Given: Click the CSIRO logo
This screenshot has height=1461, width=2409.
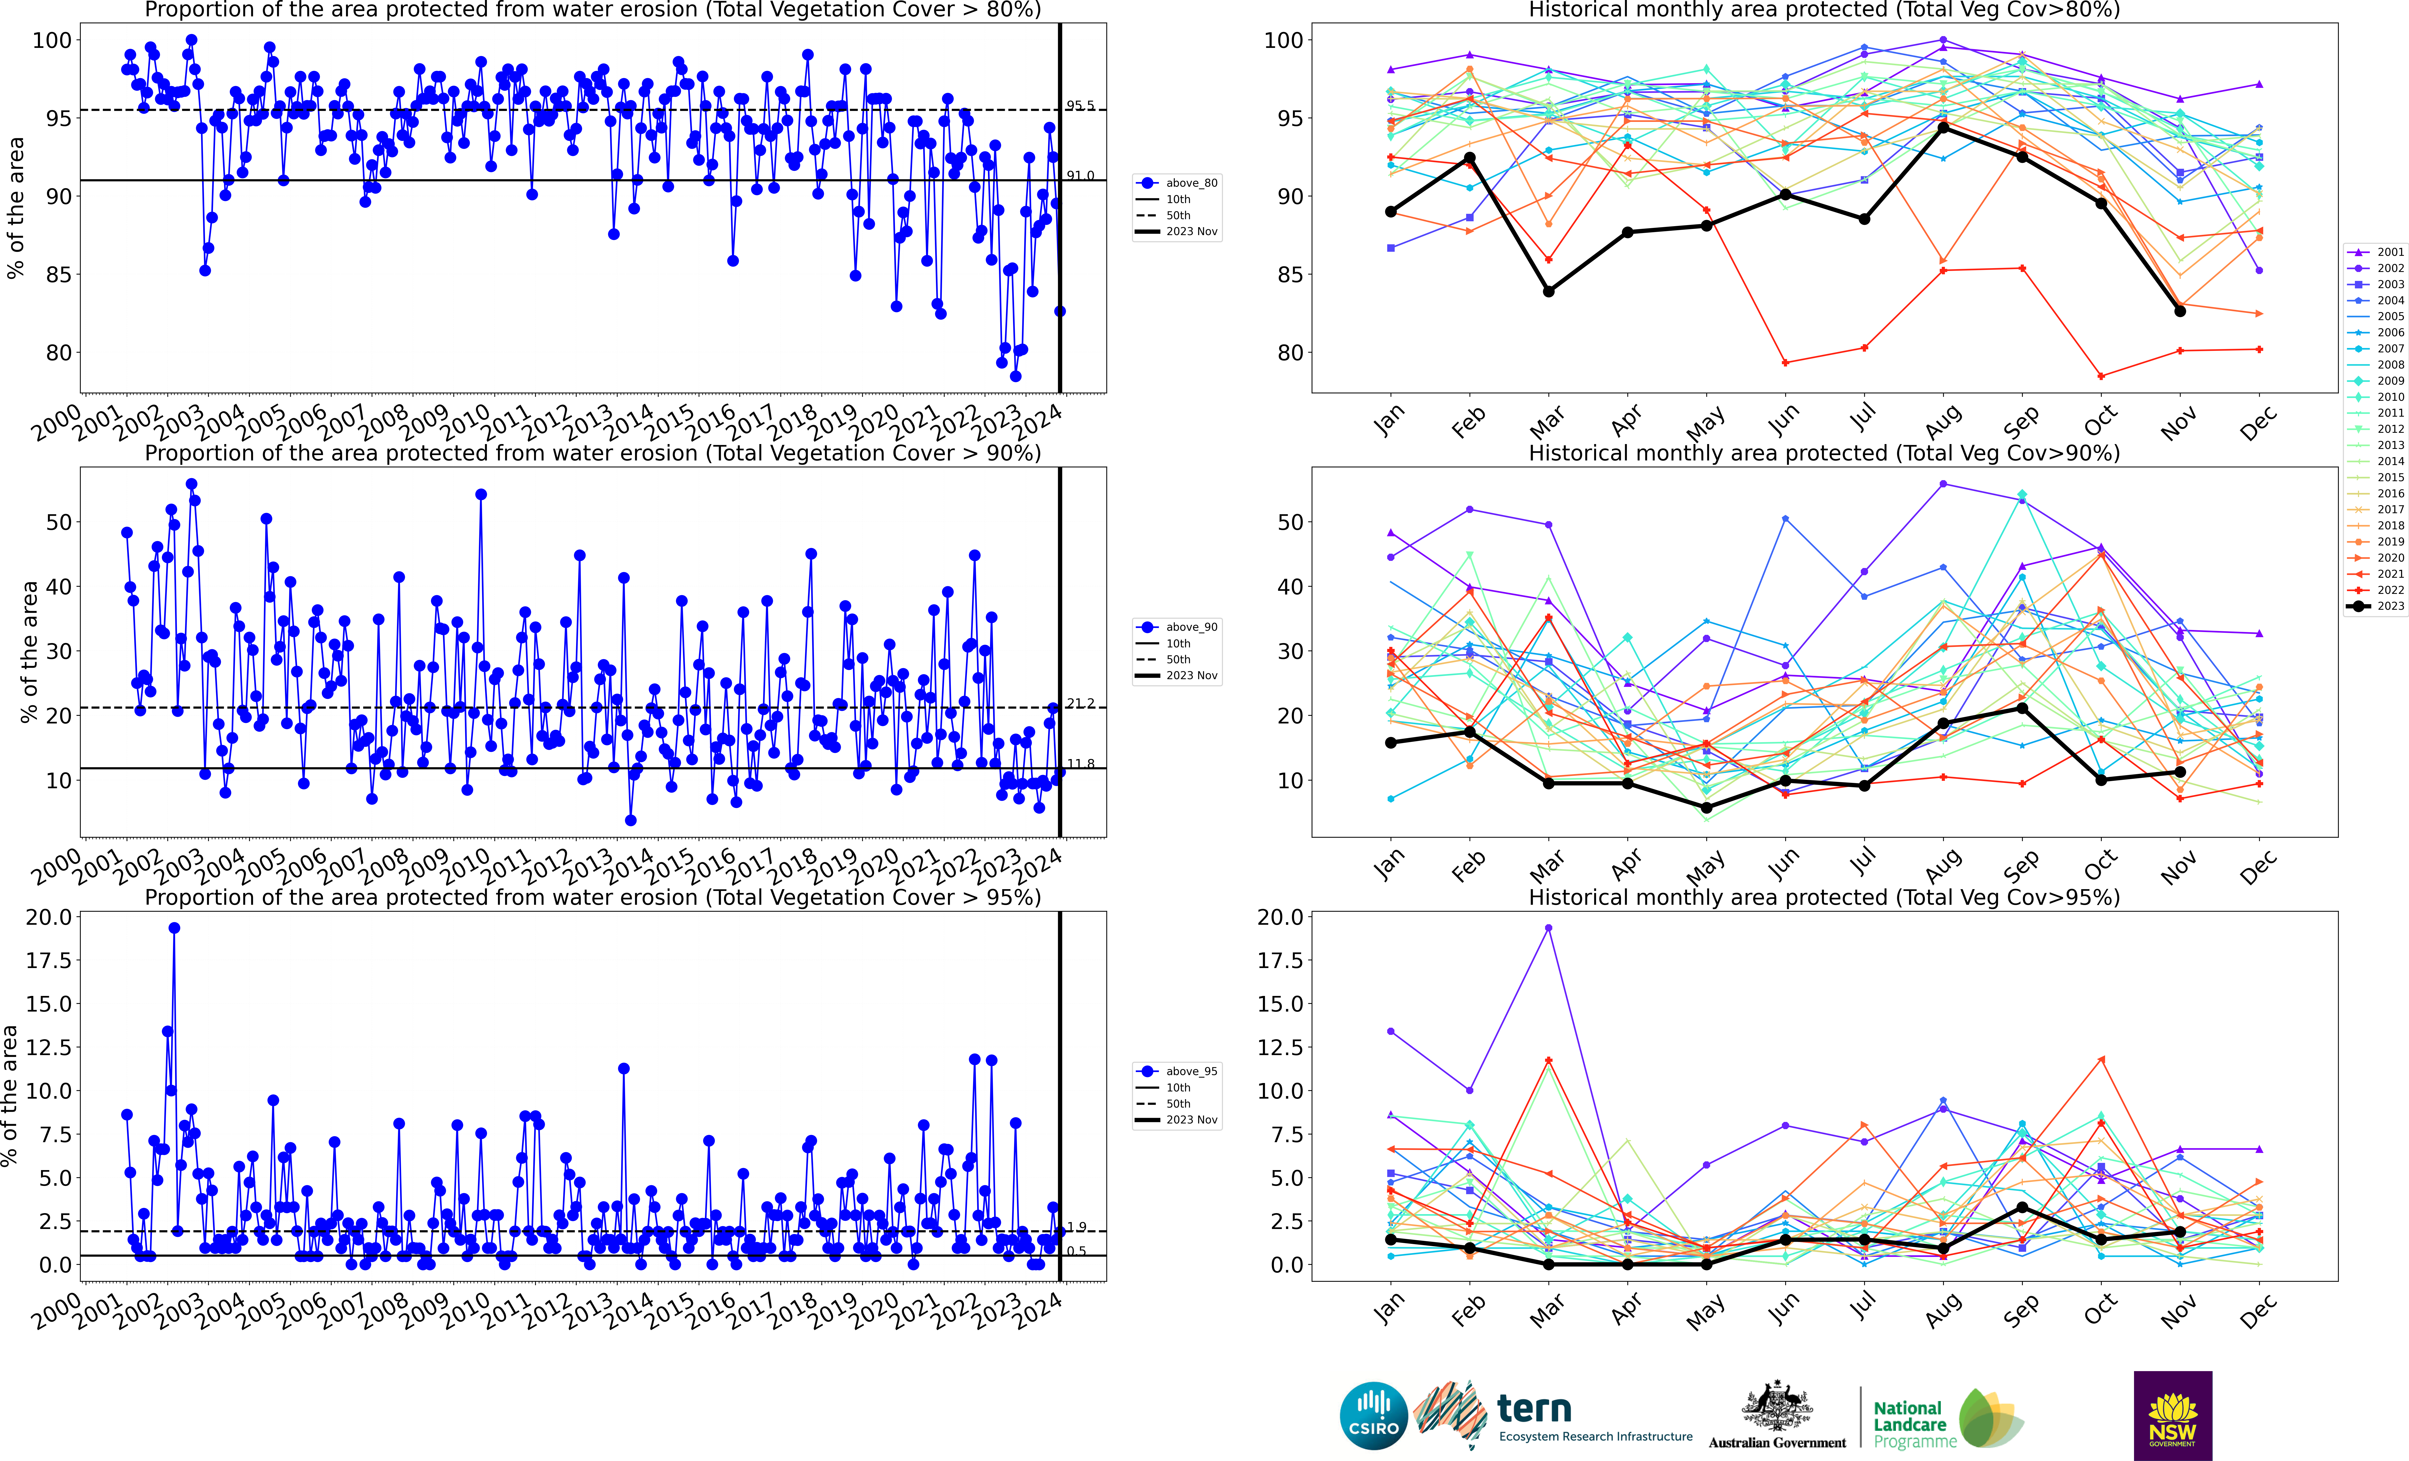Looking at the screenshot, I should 1374,1415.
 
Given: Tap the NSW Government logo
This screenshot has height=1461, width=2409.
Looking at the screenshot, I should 2172,1415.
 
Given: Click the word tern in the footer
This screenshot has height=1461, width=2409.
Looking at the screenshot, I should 1534,1408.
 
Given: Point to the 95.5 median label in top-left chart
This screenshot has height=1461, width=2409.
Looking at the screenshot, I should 1080,106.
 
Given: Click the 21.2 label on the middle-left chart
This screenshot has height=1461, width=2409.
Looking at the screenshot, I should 1080,704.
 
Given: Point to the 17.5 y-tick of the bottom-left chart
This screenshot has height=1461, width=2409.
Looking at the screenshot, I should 49,961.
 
